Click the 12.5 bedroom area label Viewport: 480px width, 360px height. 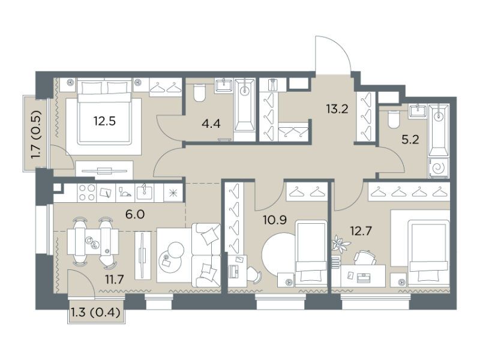104,122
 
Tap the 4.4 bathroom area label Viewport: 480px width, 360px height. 211,124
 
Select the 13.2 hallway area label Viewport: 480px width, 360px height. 337,109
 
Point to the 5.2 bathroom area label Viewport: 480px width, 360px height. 410,140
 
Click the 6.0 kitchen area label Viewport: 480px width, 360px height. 135,214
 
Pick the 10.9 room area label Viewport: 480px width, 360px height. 275,220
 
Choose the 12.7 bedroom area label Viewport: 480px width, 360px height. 361,230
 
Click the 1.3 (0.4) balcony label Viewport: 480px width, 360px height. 95,313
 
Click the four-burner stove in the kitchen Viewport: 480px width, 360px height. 87,193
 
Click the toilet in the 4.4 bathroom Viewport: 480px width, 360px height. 199,93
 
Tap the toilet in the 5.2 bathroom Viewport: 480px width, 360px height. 394,119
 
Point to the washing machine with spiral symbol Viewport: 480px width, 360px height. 439,168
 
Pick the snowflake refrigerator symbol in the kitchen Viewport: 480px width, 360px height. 173,193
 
